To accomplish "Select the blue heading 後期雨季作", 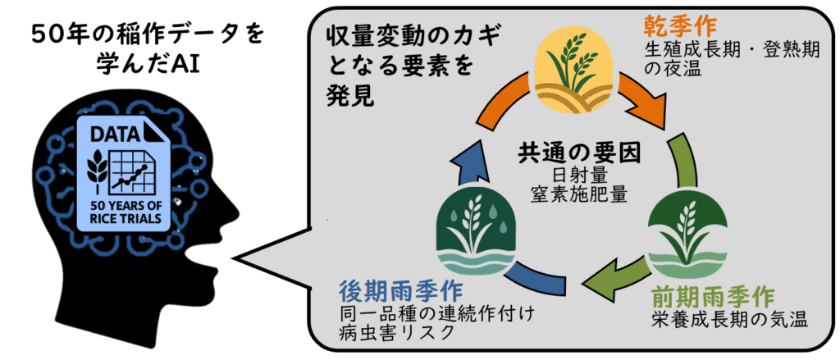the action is click(x=400, y=292).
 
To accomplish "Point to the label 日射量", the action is click(x=579, y=175).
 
